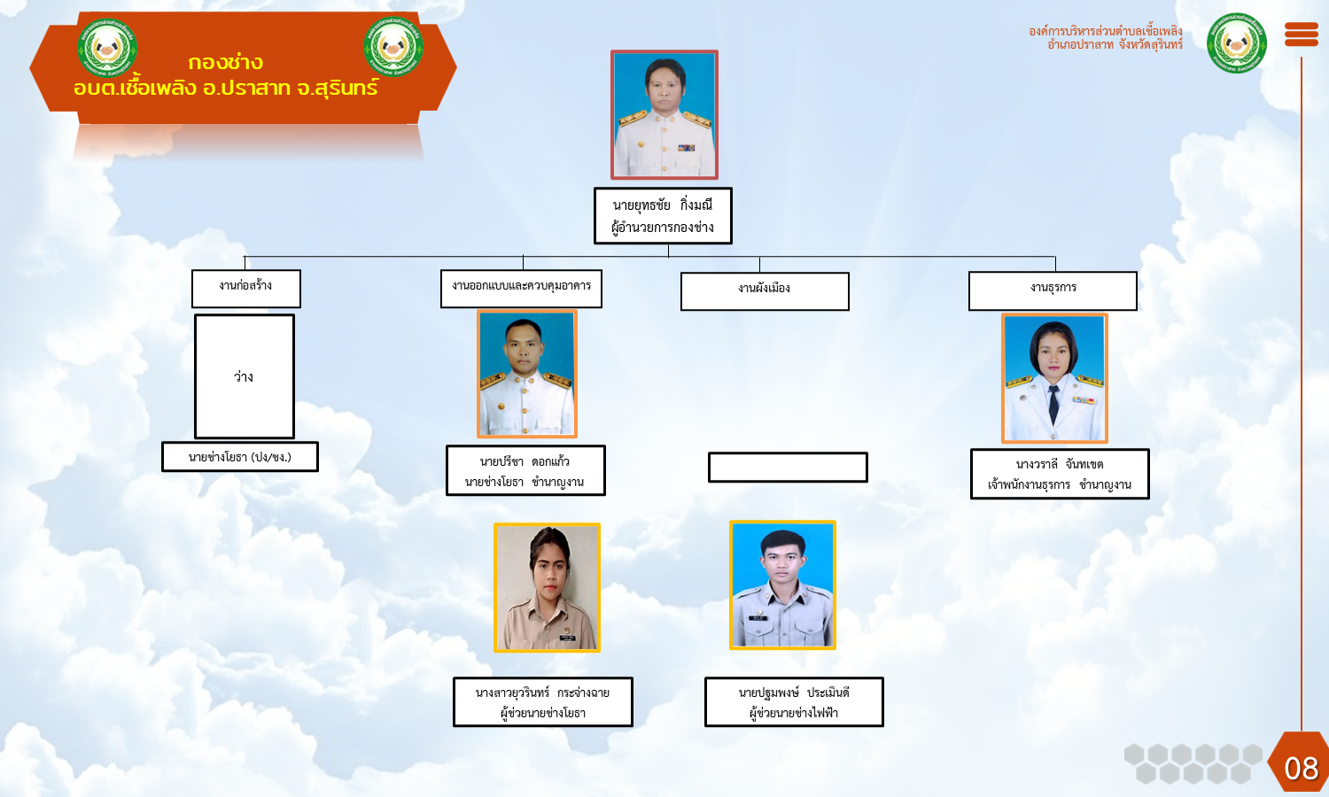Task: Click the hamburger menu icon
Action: point(1302,35)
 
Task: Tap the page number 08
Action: point(1302,770)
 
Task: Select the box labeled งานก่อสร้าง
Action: point(246,289)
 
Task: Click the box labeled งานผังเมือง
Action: point(765,291)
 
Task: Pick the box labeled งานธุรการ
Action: point(1053,290)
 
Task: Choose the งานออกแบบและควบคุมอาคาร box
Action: point(522,289)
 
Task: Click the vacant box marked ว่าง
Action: point(245,376)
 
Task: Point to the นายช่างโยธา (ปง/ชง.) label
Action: point(240,457)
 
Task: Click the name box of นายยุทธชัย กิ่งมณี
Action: point(664,216)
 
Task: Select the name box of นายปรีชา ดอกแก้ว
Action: point(525,471)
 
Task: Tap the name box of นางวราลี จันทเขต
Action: point(1061,474)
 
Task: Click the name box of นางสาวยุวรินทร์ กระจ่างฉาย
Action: point(543,702)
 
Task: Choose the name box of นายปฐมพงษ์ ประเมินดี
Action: point(795,702)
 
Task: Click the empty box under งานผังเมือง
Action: point(788,468)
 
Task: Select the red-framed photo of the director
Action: point(664,114)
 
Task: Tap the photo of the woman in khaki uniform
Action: point(547,588)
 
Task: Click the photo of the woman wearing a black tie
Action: point(1055,378)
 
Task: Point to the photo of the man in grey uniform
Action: point(782,585)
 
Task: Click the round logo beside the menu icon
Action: point(1237,43)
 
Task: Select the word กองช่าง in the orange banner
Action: point(225,62)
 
